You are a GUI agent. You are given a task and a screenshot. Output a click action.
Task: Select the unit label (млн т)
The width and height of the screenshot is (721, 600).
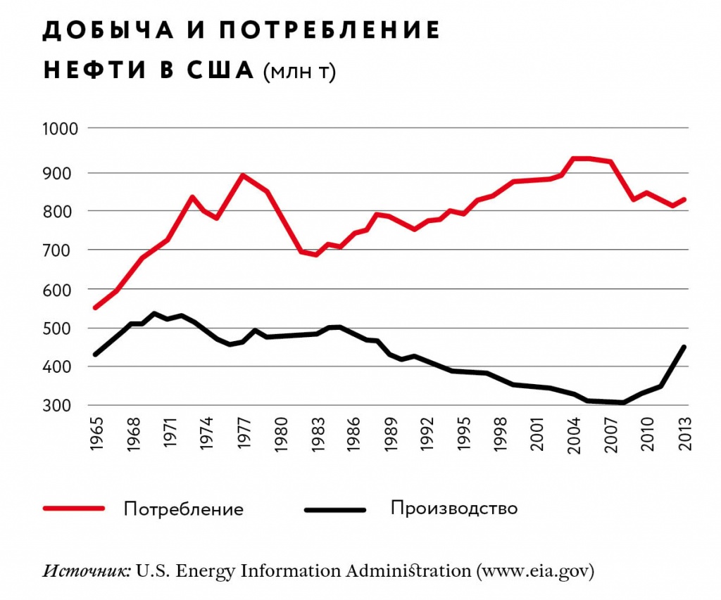pos(299,72)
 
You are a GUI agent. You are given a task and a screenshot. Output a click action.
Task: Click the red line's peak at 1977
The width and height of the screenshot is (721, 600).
pos(243,175)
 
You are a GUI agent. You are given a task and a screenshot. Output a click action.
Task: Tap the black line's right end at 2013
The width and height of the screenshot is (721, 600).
pos(684,347)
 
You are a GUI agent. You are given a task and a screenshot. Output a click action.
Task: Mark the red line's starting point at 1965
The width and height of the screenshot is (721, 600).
pos(96,307)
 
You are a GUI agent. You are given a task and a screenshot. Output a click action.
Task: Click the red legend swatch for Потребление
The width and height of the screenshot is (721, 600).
pos(73,508)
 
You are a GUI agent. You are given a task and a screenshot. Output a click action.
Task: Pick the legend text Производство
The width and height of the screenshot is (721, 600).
pos(454,508)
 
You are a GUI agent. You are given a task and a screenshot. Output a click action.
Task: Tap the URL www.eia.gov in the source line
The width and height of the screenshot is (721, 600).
pos(536,570)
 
